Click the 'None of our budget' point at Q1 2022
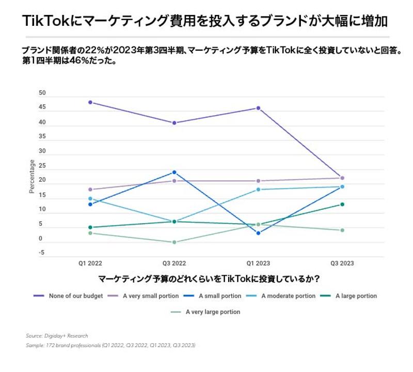click(x=90, y=102)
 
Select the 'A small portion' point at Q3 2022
click(x=174, y=172)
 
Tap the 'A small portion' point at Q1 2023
click(x=258, y=233)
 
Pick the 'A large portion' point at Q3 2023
click(x=342, y=204)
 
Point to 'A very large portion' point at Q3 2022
click(x=174, y=242)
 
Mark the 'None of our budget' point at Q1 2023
click(x=258, y=108)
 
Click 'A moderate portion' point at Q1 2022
click(x=90, y=198)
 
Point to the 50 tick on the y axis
click(x=42, y=94)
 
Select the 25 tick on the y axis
click(x=42, y=166)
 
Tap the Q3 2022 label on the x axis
click(x=174, y=263)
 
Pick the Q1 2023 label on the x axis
click(x=258, y=263)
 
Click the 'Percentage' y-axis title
click(x=32, y=176)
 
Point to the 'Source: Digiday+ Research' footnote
click(x=57, y=336)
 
